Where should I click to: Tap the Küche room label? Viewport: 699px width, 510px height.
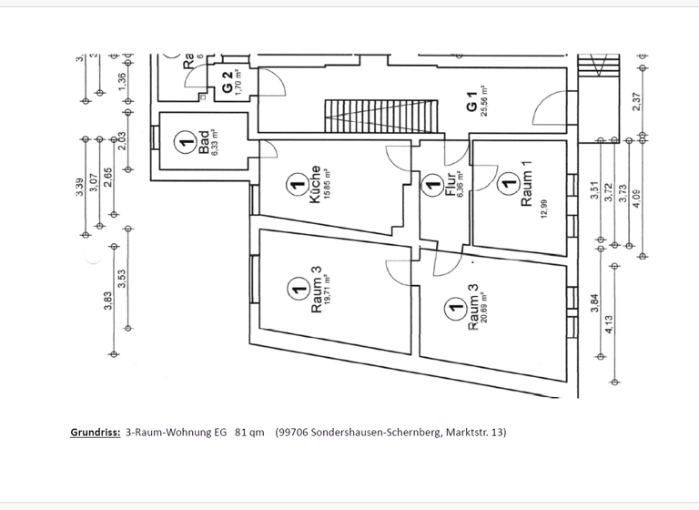pyautogui.click(x=314, y=185)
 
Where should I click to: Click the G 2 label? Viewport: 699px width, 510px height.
pyautogui.click(x=225, y=83)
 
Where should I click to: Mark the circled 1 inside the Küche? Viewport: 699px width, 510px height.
pyautogui.click(x=294, y=186)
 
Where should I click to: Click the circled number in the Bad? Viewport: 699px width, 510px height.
pyautogui.click(x=185, y=142)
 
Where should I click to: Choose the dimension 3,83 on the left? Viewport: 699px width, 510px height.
pyautogui.click(x=107, y=300)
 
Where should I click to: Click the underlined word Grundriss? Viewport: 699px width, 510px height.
pyautogui.click(x=96, y=432)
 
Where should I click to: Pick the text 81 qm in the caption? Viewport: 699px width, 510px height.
pyautogui.click(x=249, y=432)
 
